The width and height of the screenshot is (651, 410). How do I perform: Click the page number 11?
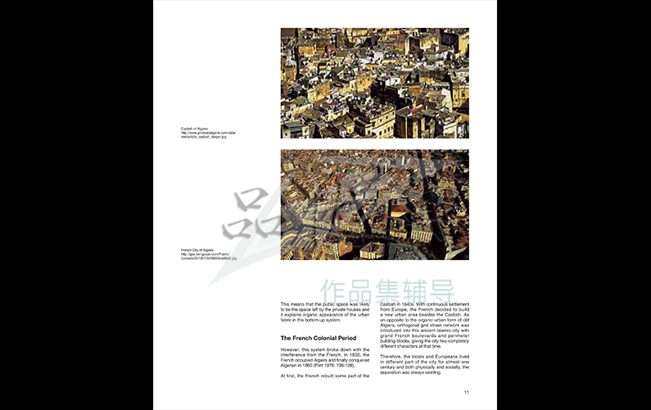(466, 392)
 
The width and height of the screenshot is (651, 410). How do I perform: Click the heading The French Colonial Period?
(319, 338)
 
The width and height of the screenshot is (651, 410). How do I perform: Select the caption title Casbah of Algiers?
(195, 129)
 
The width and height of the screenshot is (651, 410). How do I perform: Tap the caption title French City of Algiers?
(197, 249)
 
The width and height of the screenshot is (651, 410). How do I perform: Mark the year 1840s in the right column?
(407, 303)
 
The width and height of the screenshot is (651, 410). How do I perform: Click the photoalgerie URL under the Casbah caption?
(208, 133)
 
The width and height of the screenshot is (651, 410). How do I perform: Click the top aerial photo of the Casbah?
(374, 83)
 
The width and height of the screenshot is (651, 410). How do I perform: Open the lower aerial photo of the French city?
(374, 204)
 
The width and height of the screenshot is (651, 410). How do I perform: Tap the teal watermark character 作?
(332, 290)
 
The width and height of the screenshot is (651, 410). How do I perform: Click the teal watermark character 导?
(464, 290)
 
